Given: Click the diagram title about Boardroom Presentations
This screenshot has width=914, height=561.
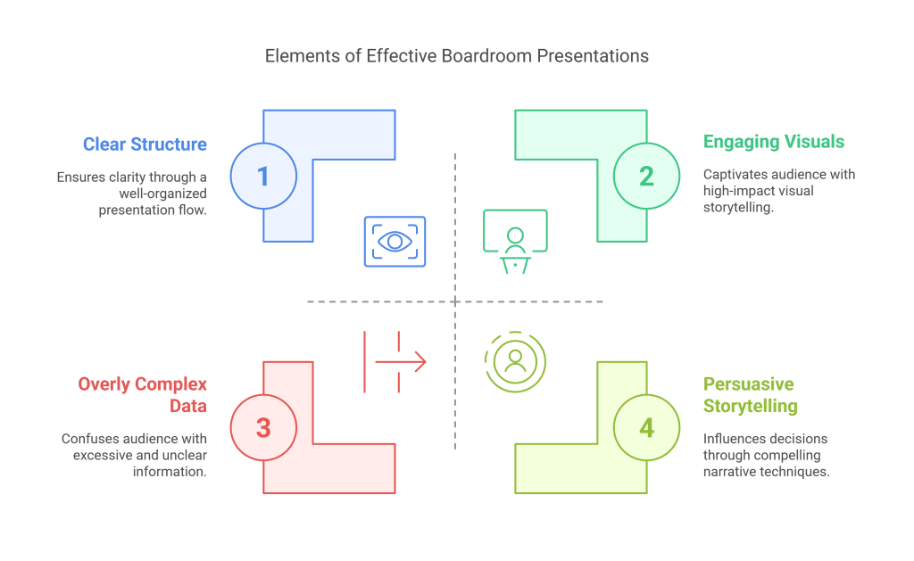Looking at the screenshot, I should tap(456, 55).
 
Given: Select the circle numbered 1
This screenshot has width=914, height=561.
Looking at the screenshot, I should tap(262, 176).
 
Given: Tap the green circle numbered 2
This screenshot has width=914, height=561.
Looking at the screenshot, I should tap(645, 176).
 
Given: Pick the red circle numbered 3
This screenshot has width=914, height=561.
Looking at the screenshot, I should tap(262, 427).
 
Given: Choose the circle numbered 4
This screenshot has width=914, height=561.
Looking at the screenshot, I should tap(645, 427).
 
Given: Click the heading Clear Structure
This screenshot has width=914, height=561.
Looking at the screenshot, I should tap(145, 144).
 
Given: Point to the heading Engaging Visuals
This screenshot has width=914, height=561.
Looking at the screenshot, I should tap(773, 141).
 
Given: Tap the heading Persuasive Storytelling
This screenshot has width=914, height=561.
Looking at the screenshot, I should tap(750, 395).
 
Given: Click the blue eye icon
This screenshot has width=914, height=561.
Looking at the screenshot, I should tap(395, 242).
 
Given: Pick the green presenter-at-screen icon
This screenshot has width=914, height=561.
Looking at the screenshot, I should tap(514, 242).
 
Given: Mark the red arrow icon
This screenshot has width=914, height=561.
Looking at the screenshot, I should tap(395, 361).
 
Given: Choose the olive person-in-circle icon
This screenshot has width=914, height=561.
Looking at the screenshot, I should tap(514, 360).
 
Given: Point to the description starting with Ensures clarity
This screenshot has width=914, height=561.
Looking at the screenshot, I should tap(131, 193).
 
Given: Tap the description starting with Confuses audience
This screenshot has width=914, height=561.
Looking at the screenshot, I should tap(134, 455).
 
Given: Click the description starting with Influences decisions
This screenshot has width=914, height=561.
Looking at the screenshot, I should tap(766, 455).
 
